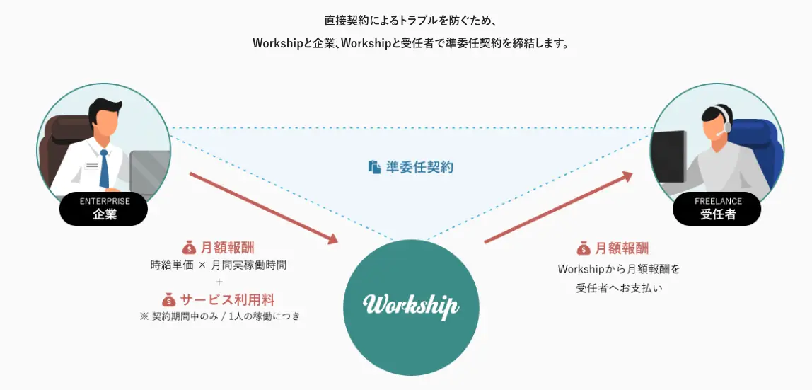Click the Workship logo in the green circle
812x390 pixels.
(411, 306)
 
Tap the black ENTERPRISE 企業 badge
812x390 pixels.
(103, 209)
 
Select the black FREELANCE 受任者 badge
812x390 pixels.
(717, 209)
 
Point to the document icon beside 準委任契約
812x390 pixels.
(374, 167)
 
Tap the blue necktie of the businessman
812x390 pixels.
(104, 168)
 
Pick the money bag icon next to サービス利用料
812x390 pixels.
(168, 299)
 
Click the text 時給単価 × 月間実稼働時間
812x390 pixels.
(219, 265)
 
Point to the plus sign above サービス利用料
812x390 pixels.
(219, 282)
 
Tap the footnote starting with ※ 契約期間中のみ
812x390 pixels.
(220, 316)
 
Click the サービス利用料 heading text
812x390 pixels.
(227, 299)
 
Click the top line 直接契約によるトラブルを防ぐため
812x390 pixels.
(410, 19)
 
